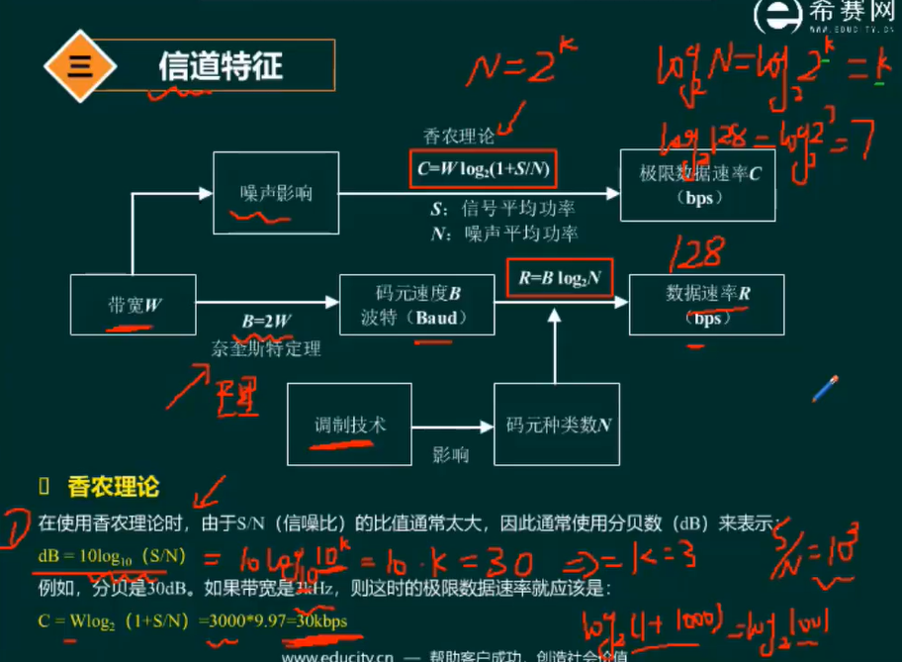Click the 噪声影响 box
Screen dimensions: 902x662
tap(276, 193)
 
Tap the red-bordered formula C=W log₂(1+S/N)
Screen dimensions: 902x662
tap(482, 169)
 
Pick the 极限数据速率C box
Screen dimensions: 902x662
tap(697, 184)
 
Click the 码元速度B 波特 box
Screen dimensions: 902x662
tap(416, 306)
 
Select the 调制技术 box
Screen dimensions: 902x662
tap(348, 425)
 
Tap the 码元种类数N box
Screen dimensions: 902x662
tap(558, 426)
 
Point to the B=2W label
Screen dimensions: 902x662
tap(266, 321)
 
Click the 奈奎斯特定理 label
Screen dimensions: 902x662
tap(266, 348)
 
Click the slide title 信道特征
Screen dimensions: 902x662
tap(221, 66)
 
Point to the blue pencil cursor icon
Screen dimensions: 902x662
tap(825, 389)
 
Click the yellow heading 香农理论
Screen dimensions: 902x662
tap(113, 487)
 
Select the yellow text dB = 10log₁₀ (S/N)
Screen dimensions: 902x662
tap(100, 558)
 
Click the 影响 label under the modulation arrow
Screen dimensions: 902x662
tap(450, 456)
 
